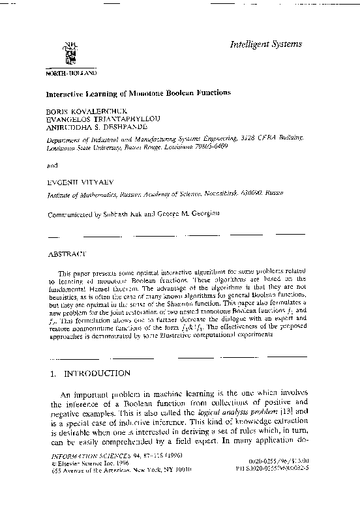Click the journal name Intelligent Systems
[x=265, y=44]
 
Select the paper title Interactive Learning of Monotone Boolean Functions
[x=138, y=93]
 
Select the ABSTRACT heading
[x=68, y=252]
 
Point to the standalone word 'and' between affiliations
[x=53, y=166]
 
